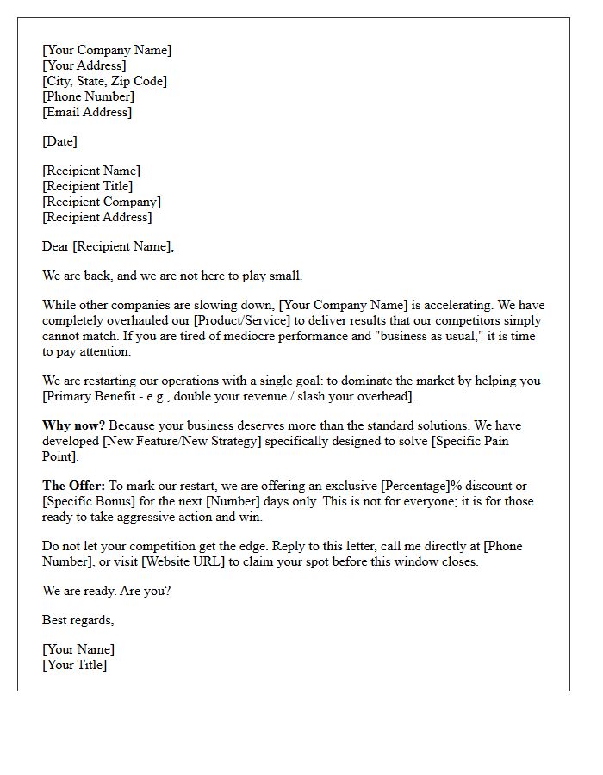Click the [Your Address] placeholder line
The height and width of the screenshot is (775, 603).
(84, 65)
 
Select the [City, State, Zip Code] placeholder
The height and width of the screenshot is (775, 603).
(105, 81)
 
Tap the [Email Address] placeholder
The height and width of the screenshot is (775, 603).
(87, 112)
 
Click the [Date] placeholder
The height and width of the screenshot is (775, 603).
(59, 141)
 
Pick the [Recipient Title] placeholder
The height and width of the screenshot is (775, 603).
(88, 186)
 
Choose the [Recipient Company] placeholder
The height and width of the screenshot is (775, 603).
(102, 201)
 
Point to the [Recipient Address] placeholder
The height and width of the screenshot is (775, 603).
(97, 217)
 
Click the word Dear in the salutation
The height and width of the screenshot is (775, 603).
(55, 246)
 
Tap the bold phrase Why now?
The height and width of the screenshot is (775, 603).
(73, 425)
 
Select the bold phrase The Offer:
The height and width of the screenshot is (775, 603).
(73, 486)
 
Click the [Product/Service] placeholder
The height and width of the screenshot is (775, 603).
(243, 320)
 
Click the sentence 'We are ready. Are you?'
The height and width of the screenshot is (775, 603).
(107, 591)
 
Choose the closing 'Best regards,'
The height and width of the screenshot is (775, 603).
(78, 620)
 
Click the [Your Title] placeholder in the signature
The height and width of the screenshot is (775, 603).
(75, 665)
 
